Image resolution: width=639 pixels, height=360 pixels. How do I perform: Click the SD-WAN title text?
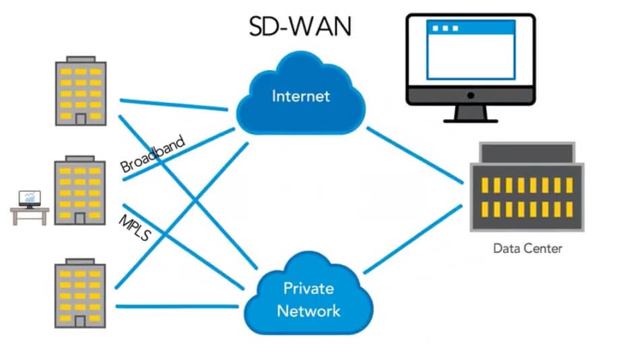300,27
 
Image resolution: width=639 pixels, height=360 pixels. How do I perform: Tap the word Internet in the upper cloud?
301,96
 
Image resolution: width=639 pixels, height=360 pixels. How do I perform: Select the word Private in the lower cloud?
308,288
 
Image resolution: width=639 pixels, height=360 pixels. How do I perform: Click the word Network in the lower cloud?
308,311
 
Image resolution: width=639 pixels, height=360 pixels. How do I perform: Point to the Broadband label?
153,154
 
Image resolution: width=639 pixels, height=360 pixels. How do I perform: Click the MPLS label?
135,227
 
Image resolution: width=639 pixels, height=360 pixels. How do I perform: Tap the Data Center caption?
527,248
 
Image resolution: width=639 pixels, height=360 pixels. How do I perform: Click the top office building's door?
81,119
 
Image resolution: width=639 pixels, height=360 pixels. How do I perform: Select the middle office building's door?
80,219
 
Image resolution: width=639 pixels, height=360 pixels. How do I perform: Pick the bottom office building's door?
80,322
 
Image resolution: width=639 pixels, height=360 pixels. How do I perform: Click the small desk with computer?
30,208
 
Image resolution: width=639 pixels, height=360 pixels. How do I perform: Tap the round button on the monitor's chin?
471,96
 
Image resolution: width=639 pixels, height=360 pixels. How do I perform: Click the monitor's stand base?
471,120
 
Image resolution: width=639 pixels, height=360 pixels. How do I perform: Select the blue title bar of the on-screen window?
471,28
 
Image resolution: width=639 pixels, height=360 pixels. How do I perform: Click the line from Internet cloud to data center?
415,155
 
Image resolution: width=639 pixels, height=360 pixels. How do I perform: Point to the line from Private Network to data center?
412,239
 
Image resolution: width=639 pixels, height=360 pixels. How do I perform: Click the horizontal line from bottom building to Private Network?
177,306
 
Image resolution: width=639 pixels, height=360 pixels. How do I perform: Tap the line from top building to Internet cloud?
174,105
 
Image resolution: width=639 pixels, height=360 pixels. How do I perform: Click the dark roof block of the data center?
527,153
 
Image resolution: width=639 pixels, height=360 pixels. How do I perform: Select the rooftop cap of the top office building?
81,59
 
